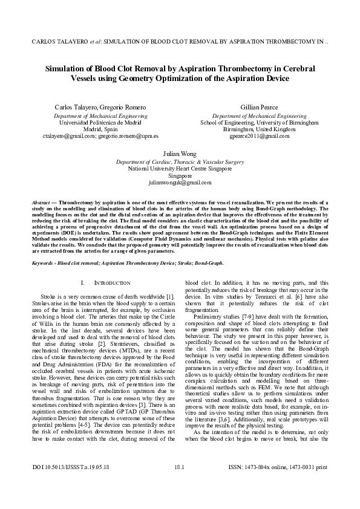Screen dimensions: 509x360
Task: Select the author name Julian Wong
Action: coord(180,154)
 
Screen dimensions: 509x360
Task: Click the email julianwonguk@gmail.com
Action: coord(180,182)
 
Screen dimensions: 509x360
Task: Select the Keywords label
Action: coord(45,263)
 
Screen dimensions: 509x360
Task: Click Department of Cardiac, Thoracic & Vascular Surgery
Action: coord(180,162)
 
